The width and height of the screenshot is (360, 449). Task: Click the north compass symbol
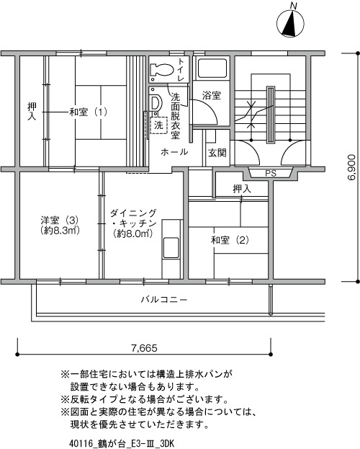coord(290,24)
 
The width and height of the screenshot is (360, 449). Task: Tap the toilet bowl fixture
coord(162,70)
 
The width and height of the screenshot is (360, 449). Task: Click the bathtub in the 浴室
coord(212,68)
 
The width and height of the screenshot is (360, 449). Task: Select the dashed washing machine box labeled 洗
coord(158,125)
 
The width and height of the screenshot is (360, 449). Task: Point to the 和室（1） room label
coord(89,112)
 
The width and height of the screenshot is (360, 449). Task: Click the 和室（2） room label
coord(230,240)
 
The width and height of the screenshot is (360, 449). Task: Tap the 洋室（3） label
coord(59,221)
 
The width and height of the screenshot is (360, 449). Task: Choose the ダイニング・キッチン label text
coord(133,218)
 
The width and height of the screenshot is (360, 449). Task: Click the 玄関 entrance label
coord(217,153)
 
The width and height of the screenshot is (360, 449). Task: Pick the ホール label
coord(174,152)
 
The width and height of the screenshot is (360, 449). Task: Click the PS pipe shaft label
coord(271,173)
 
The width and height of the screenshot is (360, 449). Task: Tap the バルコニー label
coord(164,300)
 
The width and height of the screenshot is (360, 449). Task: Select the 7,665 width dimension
coord(144,348)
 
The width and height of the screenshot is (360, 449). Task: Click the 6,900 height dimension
coord(351,167)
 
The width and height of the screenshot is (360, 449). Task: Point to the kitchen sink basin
coord(171,248)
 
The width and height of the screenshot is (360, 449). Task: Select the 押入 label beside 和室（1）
coord(32,112)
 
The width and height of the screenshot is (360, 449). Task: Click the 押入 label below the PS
coord(242,189)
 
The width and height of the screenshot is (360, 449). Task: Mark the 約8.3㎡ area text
coord(60,230)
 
